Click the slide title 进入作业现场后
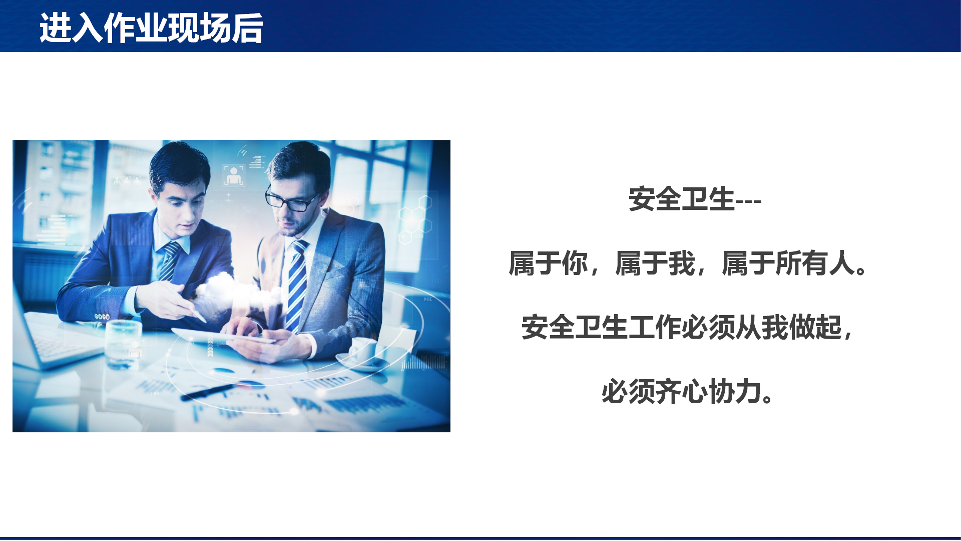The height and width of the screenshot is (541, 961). coord(151,28)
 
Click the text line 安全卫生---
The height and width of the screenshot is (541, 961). coord(695,199)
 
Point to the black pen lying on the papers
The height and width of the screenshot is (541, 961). coord(208,392)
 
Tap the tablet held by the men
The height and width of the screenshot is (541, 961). coord(223,336)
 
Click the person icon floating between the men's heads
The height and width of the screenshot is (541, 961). coord(234,175)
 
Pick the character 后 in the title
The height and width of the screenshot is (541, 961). coord(247,28)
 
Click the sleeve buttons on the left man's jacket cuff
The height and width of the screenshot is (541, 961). coord(102,317)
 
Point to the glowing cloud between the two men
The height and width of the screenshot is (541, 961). coord(235,293)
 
